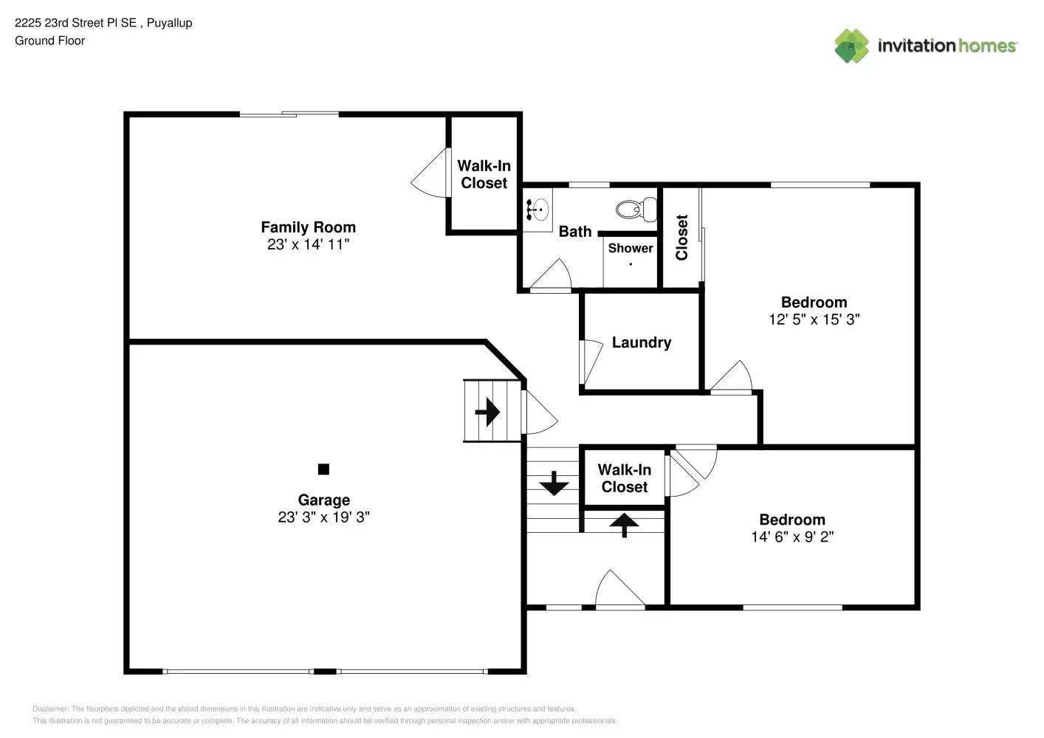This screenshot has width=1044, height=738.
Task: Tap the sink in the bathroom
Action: (x=538, y=209)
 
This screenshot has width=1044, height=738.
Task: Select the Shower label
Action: (x=630, y=249)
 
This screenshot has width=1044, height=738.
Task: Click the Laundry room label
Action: (x=641, y=342)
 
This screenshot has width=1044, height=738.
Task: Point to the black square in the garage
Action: (x=323, y=469)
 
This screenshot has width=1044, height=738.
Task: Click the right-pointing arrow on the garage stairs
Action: (x=487, y=411)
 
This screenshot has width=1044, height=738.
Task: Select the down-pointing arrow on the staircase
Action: (x=553, y=483)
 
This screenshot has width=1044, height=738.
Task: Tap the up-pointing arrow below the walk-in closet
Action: (x=625, y=525)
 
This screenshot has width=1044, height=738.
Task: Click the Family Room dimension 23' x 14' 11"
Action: (x=308, y=245)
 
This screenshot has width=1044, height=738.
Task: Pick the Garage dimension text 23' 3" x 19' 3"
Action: (x=323, y=517)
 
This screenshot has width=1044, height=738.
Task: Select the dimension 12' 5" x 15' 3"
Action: (x=814, y=320)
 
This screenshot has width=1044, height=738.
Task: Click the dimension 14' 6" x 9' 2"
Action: (x=791, y=537)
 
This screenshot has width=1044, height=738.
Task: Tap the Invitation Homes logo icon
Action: (x=851, y=46)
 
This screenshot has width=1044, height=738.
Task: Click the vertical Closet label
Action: (x=681, y=237)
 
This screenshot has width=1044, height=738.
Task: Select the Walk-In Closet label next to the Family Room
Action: (x=484, y=174)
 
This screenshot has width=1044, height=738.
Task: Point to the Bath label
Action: (x=574, y=232)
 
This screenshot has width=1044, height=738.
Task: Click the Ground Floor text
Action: (x=49, y=41)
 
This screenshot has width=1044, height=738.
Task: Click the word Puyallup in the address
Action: (x=169, y=23)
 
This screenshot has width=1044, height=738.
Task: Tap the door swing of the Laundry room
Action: (x=591, y=362)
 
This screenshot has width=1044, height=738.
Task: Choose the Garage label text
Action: (x=323, y=500)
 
